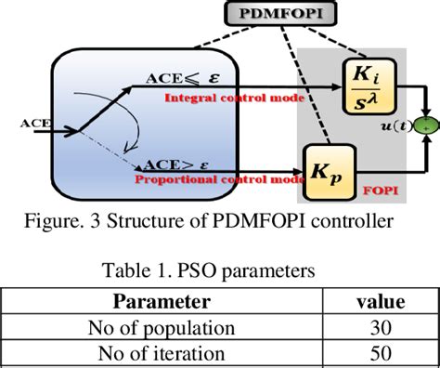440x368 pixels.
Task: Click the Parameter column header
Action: click(161, 302)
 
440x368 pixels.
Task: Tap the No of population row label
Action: click(161, 327)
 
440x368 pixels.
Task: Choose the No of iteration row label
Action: click(161, 353)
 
